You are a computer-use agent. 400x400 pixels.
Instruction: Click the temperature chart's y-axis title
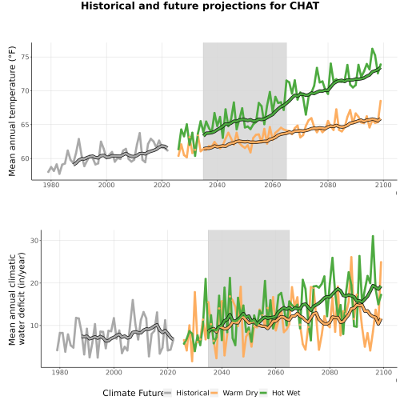pyautogui.click(x=12, y=111)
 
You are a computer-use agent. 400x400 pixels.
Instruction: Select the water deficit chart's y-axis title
pyautogui.click(x=17, y=298)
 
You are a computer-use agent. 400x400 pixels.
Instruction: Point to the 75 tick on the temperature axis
pyautogui.click(x=26, y=57)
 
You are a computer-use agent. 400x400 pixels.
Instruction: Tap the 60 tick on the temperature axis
pyautogui.click(x=26, y=158)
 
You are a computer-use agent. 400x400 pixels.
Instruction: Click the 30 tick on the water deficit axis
pyautogui.click(x=35, y=240)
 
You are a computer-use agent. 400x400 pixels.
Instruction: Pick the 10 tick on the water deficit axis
pyautogui.click(x=35, y=326)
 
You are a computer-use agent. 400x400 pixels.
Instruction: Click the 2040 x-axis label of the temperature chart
pyautogui.click(x=217, y=185)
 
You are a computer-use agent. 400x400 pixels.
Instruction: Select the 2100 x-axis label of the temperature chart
pyautogui.click(x=383, y=185)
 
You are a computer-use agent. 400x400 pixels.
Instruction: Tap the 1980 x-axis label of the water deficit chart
pyautogui.click(x=60, y=372)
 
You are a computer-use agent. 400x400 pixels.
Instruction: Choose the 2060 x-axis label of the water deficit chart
pyautogui.click(x=275, y=372)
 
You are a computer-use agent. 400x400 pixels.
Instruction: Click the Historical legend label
pyautogui.click(x=193, y=393)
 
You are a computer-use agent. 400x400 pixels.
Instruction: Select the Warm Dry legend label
pyautogui.click(x=240, y=393)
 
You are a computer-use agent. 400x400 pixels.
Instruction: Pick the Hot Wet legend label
pyautogui.click(x=286, y=393)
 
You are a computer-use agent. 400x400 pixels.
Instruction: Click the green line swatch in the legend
pyautogui.click(x=263, y=393)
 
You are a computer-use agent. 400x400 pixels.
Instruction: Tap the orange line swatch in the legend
pyautogui.click(x=214, y=393)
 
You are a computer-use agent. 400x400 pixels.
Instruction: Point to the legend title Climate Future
pyautogui.click(x=133, y=393)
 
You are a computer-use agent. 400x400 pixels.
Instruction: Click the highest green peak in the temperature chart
pyautogui.click(x=372, y=49)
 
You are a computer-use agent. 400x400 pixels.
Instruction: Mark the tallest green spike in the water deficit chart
pyautogui.click(x=373, y=236)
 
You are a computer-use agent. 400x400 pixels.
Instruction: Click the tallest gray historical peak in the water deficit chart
pyautogui.click(x=133, y=300)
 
